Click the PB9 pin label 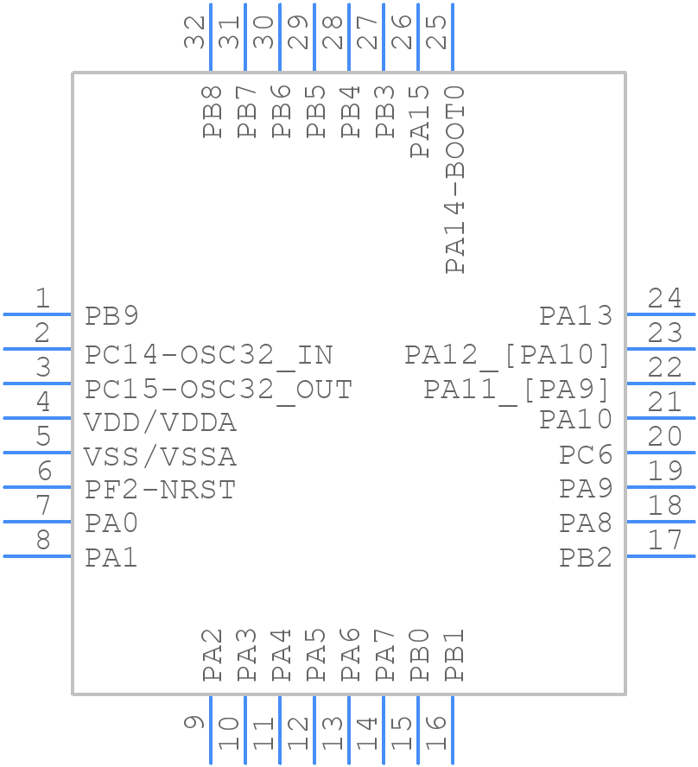click(x=111, y=316)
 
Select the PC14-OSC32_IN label click(x=208, y=355)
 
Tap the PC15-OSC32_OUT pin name click(x=218, y=390)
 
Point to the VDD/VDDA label click(x=160, y=423)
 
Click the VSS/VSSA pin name click(x=160, y=456)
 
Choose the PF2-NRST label click(x=160, y=490)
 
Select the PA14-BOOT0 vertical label click(x=454, y=180)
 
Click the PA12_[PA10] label click(x=508, y=355)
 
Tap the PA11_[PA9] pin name click(x=517, y=390)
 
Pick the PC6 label click(x=586, y=455)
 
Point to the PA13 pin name click(x=575, y=316)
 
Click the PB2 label click(x=586, y=558)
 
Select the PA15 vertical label click(x=420, y=122)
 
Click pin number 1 click(x=42, y=299)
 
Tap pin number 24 click(x=665, y=299)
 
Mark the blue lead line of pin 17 click(x=661, y=556)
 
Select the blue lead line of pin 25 click(x=453, y=38)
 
